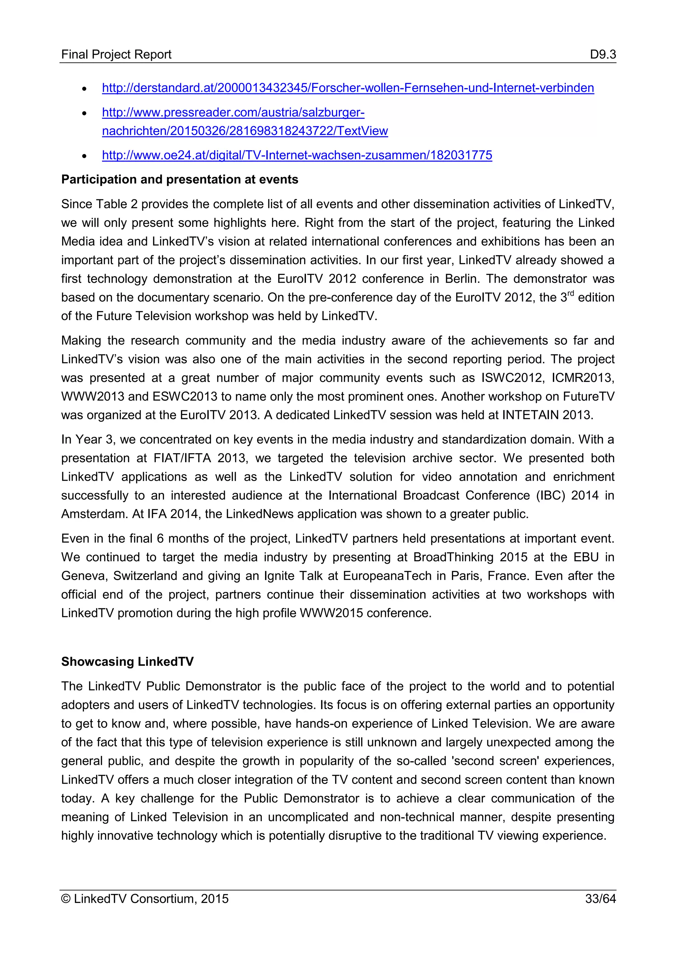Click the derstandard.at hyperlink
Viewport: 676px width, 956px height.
[x=348, y=88]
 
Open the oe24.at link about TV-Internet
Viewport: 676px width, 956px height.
[x=297, y=155]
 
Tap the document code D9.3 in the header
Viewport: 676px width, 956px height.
[x=602, y=54]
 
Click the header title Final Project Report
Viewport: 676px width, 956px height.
[x=116, y=54]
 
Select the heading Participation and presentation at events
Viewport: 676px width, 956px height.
[x=180, y=180]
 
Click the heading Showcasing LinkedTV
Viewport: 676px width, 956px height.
[x=127, y=662]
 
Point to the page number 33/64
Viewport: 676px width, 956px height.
[x=600, y=899]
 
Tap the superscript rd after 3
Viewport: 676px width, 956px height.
[x=570, y=293]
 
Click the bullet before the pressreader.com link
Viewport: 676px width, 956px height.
[x=84, y=113]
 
